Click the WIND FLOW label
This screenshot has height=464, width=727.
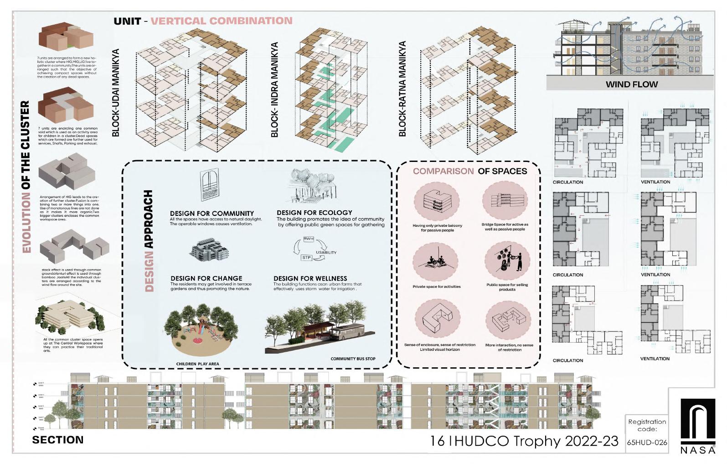coord(631,84)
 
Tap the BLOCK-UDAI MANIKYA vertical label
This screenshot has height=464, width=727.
coord(116,93)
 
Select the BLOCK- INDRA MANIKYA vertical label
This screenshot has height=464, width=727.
coord(274,90)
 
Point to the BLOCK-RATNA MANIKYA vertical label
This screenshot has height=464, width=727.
coord(402,89)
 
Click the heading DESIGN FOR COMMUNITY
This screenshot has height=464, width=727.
coord(211,214)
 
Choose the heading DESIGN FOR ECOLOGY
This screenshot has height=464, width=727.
coord(314,213)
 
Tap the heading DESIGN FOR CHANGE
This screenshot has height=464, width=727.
coord(206,278)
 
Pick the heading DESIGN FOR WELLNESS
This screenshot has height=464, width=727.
coord(310,278)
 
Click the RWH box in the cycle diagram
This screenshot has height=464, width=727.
coord(309,239)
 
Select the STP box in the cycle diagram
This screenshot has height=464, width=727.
coord(307,258)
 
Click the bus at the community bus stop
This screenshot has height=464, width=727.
coord(347,333)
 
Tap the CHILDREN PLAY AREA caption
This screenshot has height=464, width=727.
coord(197,364)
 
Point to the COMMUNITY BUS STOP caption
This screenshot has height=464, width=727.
coord(353,359)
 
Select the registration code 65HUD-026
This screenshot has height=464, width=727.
coord(647,443)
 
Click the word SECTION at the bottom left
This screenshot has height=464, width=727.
coord(58,440)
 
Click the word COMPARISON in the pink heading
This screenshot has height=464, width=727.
coord(443,171)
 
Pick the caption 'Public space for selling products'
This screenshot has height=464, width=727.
coord(507,287)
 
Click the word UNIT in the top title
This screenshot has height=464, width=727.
coord(127,21)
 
